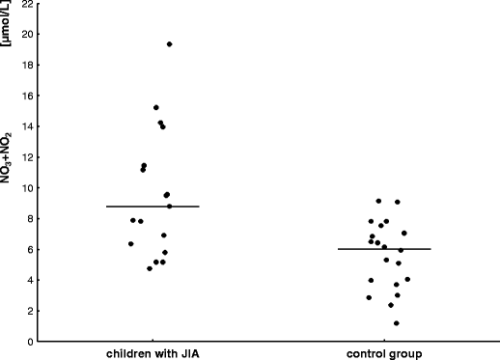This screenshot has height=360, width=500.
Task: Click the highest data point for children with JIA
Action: [x=169, y=44]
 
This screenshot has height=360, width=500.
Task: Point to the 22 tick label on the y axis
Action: [x=28, y=4]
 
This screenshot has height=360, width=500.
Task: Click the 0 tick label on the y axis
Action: [x=31, y=341]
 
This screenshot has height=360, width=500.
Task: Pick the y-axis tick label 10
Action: [x=28, y=188]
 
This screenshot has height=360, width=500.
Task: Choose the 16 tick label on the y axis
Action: [x=28, y=96]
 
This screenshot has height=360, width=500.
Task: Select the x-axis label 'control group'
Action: [x=383, y=354]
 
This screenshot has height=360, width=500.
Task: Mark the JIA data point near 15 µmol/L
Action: [x=155, y=107]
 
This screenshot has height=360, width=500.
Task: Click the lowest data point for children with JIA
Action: [x=150, y=268]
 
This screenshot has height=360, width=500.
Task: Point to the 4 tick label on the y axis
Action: [x=31, y=280]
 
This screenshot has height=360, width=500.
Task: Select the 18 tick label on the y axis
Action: [x=28, y=65]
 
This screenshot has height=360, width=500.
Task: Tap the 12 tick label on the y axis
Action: [x=28, y=157]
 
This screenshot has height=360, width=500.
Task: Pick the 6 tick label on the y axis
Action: [x=31, y=249]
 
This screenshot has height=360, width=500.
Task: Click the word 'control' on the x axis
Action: [x=367, y=354]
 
